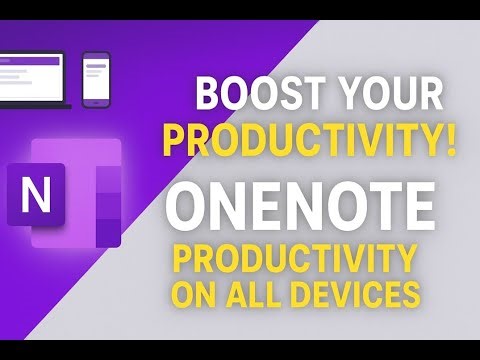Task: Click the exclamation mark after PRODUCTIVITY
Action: pyautogui.click(x=453, y=138)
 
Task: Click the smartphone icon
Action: pyautogui.click(x=96, y=78)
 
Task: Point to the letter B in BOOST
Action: pyautogui.click(x=206, y=97)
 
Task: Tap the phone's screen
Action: pyautogui.click(x=96, y=77)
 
